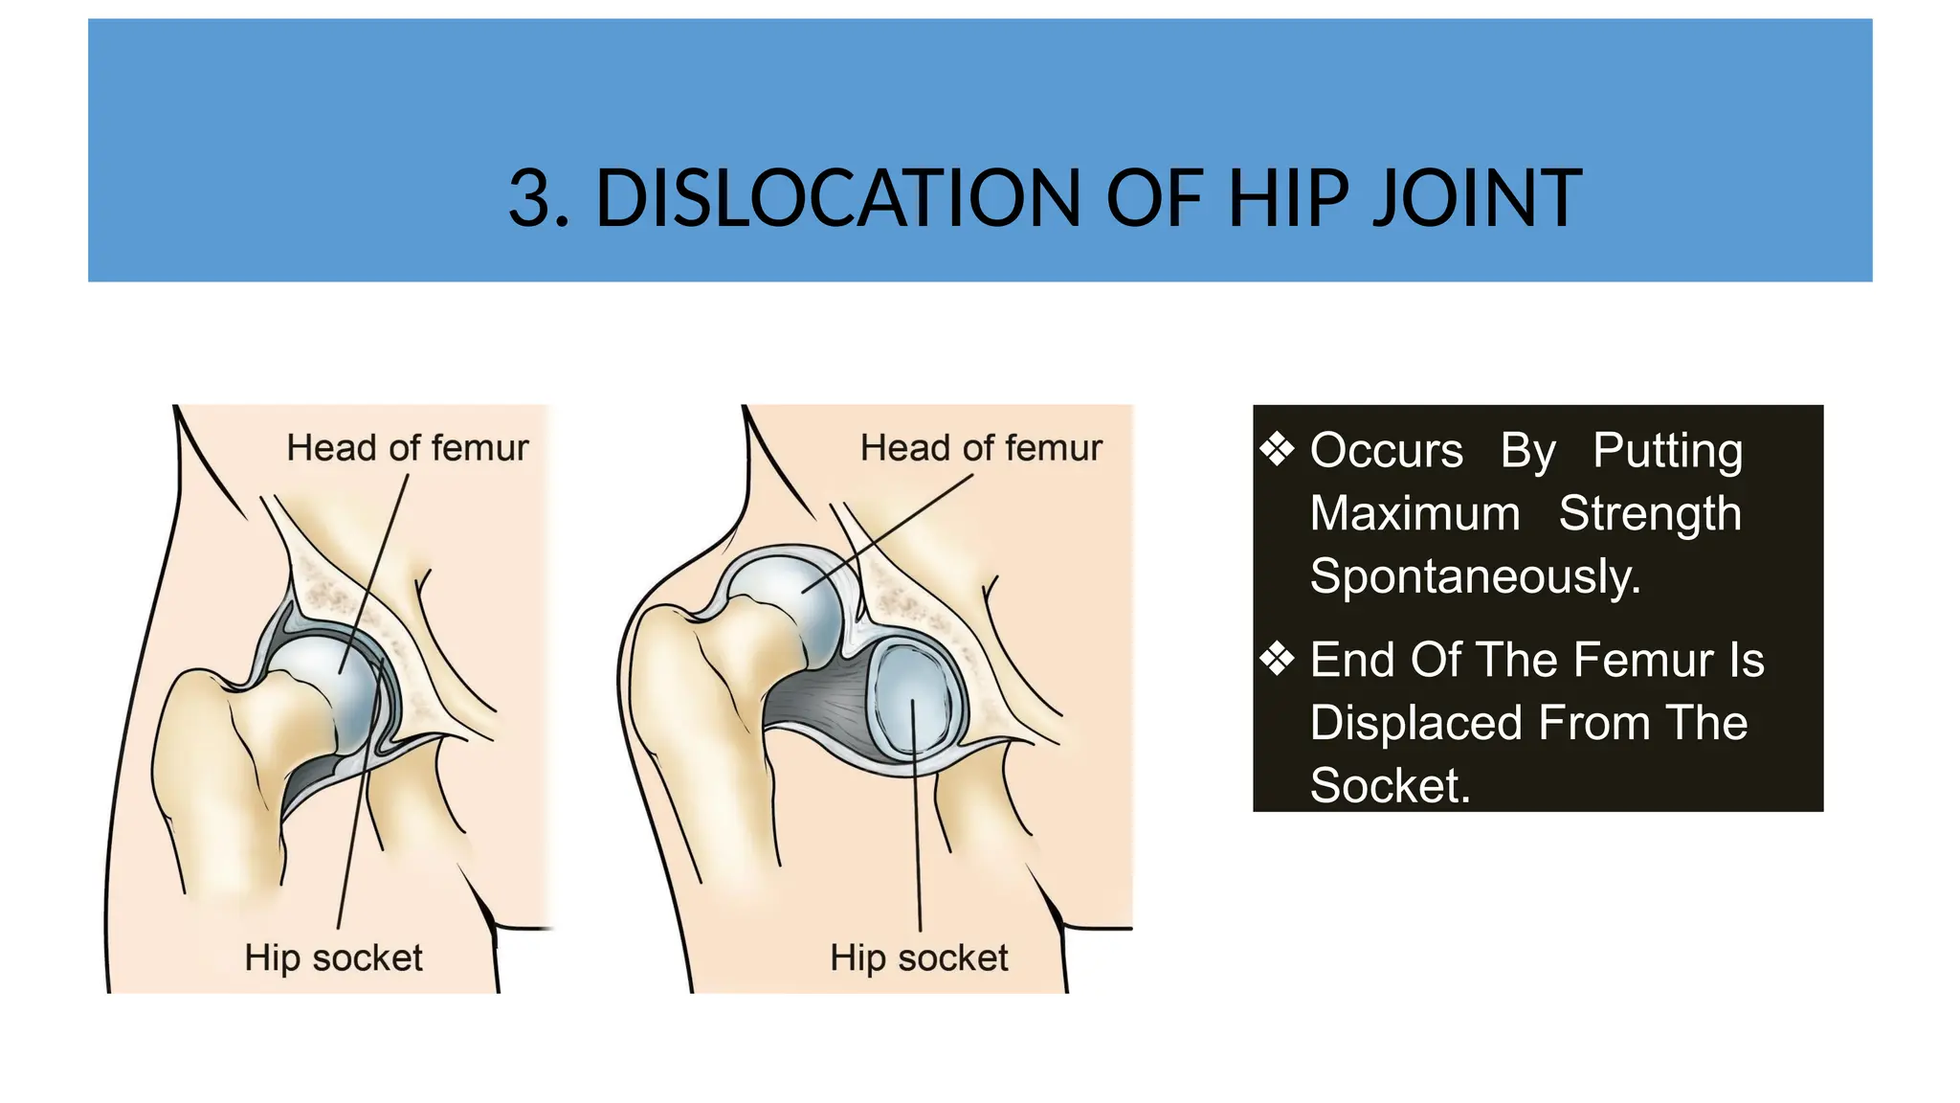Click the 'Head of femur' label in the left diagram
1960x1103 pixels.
tap(407, 448)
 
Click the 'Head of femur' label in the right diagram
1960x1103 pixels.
tap(980, 448)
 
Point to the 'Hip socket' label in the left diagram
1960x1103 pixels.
tap(333, 957)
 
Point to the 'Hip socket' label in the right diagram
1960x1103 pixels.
tap(919, 957)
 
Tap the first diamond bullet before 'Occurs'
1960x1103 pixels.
tap(1278, 448)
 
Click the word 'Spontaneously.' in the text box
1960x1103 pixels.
tap(1475, 576)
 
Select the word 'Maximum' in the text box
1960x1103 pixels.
tap(1414, 513)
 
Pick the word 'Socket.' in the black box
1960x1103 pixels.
tap(1389, 786)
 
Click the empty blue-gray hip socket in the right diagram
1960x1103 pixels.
tap(914, 704)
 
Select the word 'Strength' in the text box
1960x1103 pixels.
tap(1650, 513)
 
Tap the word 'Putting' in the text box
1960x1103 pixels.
tap(1667, 450)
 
